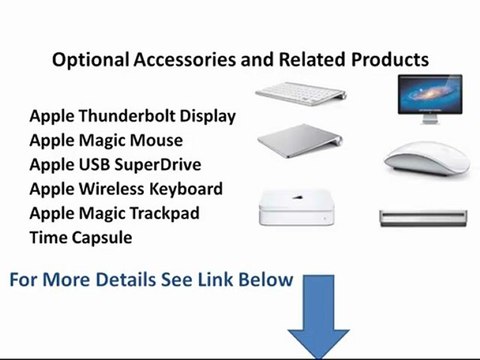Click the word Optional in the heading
(x=91, y=60)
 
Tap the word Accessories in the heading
(x=190, y=60)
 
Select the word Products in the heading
(x=390, y=60)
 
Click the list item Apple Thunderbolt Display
(x=133, y=116)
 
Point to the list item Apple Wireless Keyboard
(x=126, y=188)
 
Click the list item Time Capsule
(x=81, y=237)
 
